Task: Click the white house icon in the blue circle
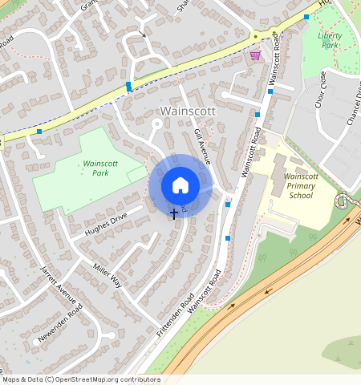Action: click(x=180, y=186)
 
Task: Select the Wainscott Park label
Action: click(x=100, y=168)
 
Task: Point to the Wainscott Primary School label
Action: click(x=301, y=185)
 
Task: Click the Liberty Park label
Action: click(x=330, y=40)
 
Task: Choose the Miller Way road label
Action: click(x=107, y=274)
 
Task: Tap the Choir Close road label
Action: click(x=321, y=89)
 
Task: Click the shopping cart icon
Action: click(x=255, y=55)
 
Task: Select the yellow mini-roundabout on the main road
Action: click(x=255, y=36)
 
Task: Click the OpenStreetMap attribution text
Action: click(x=81, y=379)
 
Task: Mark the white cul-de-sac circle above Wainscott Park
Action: click(x=157, y=124)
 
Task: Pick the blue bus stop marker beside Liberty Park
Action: click(x=306, y=17)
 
